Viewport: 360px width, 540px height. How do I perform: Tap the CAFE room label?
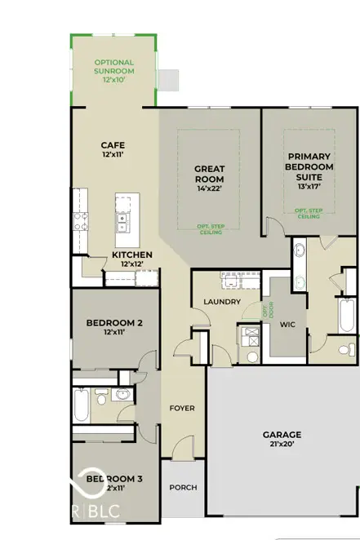point(112,147)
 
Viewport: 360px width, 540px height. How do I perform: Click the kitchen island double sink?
point(122,219)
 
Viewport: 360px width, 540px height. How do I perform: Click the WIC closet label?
point(287,325)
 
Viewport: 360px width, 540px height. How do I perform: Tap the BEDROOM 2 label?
point(115,323)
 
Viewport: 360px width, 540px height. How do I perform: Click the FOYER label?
point(181,408)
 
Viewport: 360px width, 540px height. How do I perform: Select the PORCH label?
point(183,488)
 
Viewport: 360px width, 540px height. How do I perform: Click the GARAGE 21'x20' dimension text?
point(282,445)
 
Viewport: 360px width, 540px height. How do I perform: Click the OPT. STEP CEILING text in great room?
point(209,228)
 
